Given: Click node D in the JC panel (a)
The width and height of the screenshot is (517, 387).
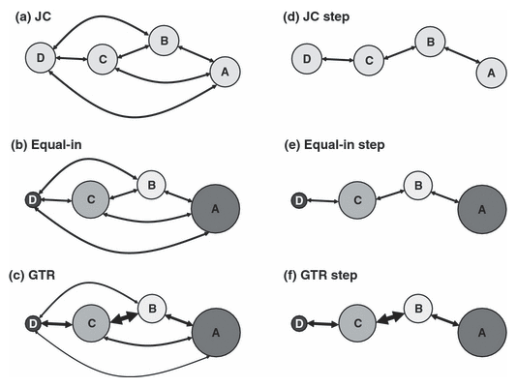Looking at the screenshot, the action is (x=41, y=58).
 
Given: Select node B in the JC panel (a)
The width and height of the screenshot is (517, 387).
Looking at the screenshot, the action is (x=164, y=41).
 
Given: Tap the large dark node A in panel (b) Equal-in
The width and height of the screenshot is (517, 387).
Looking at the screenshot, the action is (x=215, y=208).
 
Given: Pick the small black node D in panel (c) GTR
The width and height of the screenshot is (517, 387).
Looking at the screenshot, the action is (x=33, y=323).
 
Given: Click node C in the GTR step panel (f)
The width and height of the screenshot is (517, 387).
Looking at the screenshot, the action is (x=357, y=323).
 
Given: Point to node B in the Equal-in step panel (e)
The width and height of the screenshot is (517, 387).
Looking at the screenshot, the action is (x=418, y=185).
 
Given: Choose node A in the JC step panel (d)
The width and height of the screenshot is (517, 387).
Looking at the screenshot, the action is (x=491, y=73).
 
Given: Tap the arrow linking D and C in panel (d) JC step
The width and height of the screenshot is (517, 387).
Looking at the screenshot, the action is (x=338, y=60).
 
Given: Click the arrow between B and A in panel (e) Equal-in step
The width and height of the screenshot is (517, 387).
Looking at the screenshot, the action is (x=445, y=197).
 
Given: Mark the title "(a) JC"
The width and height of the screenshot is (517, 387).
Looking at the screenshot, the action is (x=33, y=16).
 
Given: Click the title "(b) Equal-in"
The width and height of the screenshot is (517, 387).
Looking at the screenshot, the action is (x=46, y=144).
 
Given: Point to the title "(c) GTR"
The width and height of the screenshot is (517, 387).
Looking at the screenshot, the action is (x=32, y=275).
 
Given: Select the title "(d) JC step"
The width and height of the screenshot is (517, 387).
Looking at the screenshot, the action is (x=317, y=16).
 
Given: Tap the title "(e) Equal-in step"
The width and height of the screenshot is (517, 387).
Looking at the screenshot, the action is (x=334, y=145).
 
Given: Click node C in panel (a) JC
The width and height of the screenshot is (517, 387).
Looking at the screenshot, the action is (x=103, y=59).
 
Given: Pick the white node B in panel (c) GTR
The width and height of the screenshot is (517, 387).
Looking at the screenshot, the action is (x=152, y=309).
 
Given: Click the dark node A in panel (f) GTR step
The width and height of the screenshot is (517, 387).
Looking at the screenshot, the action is (x=482, y=332).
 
